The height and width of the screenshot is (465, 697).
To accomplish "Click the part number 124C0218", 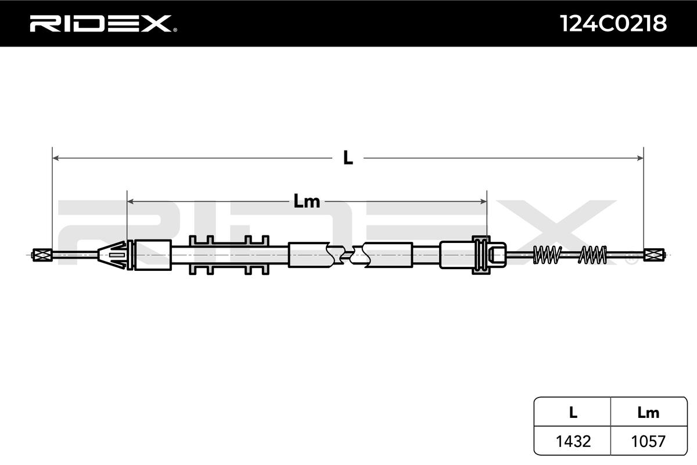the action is pos(613,23).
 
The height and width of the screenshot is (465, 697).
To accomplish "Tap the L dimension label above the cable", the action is pos(347,158).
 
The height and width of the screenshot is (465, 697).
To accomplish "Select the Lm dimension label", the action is pos(307,202).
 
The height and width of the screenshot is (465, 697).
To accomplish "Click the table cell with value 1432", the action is pos(573,441).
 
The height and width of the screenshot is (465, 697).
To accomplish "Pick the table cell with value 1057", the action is pos(648,441).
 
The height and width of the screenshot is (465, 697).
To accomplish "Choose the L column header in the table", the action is pos(573,413).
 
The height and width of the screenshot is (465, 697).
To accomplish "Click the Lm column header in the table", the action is pos(648,413).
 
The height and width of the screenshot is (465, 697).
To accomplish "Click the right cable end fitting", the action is pos(654,254).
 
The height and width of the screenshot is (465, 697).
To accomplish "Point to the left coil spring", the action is pos(547,254).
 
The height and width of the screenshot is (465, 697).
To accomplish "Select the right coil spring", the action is pos(593,254).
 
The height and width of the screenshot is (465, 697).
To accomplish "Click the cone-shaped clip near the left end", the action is pos(113,255).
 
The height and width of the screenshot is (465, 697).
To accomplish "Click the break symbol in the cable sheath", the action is pos(347,255).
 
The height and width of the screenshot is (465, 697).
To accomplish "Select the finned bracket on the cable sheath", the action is pos(229,255).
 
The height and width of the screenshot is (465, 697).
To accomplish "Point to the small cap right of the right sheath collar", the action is pos(497,255).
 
